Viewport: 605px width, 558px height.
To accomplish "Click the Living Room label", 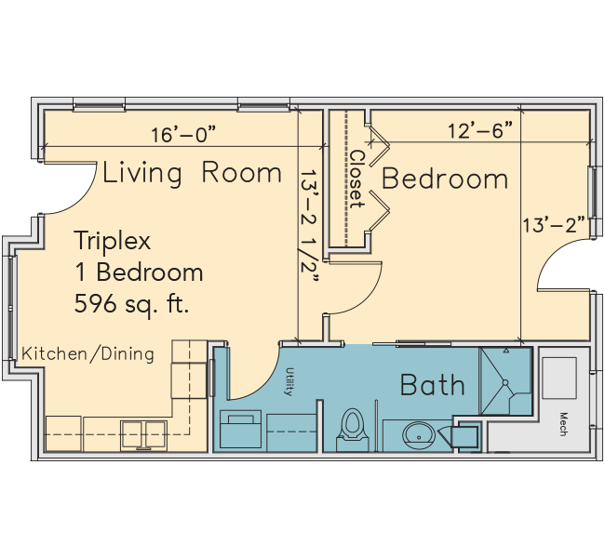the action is pyautogui.click(x=192, y=173).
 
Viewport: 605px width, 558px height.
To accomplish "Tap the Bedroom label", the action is pyautogui.click(x=445, y=179).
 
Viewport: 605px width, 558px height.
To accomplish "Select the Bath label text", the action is pyautogui.click(x=433, y=385).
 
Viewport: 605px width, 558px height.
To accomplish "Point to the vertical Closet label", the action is pyautogui.click(x=356, y=179).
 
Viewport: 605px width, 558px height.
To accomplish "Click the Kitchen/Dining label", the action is pyautogui.click(x=87, y=354).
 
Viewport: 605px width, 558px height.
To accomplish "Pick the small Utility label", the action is pyautogui.click(x=289, y=381).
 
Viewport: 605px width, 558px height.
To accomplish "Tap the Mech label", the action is pyautogui.click(x=563, y=424).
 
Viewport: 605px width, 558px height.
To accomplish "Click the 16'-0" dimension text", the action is pyautogui.click(x=182, y=135).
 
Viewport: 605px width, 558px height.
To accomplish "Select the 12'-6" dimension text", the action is pyautogui.click(x=481, y=130).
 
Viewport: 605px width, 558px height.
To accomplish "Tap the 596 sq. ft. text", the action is pyautogui.click(x=131, y=304).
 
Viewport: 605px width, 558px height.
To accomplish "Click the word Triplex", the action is pyautogui.click(x=113, y=241).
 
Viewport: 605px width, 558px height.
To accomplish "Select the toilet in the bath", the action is pyautogui.click(x=352, y=430).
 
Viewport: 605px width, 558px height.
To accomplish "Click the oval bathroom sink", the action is pyautogui.click(x=419, y=435).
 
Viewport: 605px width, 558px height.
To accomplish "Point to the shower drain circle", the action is pyautogui.click(x=505, y=382).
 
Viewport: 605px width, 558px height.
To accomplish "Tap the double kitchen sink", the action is pyautogui.click(x=143, y=436).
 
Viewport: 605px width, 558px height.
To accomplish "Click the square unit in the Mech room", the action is pyautogui.click(x=559, y=378).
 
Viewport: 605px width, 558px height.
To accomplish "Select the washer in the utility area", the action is pyautogui.click(x=240, y=430).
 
